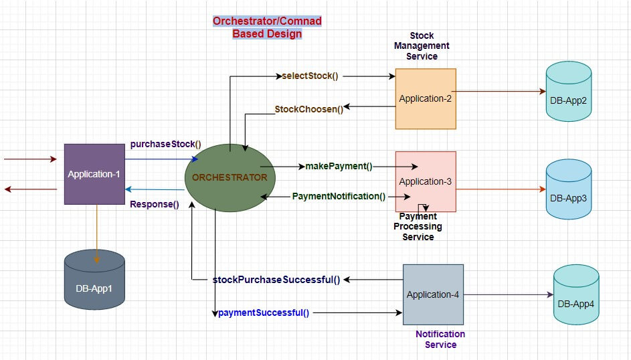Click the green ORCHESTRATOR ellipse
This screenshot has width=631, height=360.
coord(229,177)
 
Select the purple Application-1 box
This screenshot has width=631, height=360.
coord(94,174)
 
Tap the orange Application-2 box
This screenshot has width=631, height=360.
coord(426,98)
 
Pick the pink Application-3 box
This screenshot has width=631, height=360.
coord(426,181)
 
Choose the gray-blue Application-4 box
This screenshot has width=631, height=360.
coord(433,294)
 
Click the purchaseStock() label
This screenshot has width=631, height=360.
coord(165,144)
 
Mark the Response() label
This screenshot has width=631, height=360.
coord(154,204)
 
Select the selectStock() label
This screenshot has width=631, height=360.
coord(310,76)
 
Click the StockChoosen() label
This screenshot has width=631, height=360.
coord(308,109)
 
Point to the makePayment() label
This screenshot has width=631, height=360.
coord(339,166)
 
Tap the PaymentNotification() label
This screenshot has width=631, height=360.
coord(339,196)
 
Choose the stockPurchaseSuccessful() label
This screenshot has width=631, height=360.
coord(276,280)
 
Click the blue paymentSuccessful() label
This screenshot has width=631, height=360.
coord(264,312)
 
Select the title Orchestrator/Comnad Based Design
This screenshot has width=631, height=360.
coord(267,27)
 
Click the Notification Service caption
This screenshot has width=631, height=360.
coord(440,339)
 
